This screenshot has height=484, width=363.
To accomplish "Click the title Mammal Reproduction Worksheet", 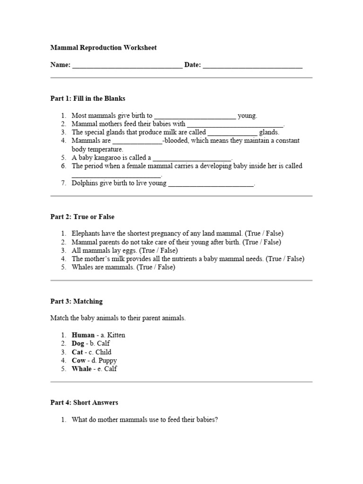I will point(103,48).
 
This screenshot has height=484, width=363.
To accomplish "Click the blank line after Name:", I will point(127,66).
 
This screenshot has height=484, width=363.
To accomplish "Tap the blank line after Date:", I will point(252,66).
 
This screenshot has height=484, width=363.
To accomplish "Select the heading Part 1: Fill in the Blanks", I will point(87,99).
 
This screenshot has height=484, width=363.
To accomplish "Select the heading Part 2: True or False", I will point(82,217).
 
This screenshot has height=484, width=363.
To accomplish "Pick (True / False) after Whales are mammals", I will point(156,268).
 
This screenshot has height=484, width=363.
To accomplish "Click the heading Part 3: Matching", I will point(76,302).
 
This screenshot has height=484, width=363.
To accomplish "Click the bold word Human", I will point(83,335).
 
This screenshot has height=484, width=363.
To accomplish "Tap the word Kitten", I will point(116,335).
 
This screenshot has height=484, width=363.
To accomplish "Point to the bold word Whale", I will point(82,369).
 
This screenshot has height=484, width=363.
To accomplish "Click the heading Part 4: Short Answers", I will point(84,403).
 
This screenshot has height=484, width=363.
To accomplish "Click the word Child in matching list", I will point(103,352).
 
